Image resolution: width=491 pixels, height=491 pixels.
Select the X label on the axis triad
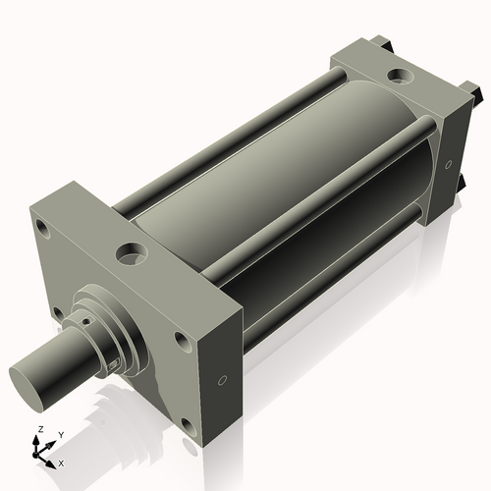[x=61, y=462]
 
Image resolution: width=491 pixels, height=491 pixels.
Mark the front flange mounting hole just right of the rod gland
[x=181, y=341]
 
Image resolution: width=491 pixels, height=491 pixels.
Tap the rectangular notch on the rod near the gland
[x=115, y=364]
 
